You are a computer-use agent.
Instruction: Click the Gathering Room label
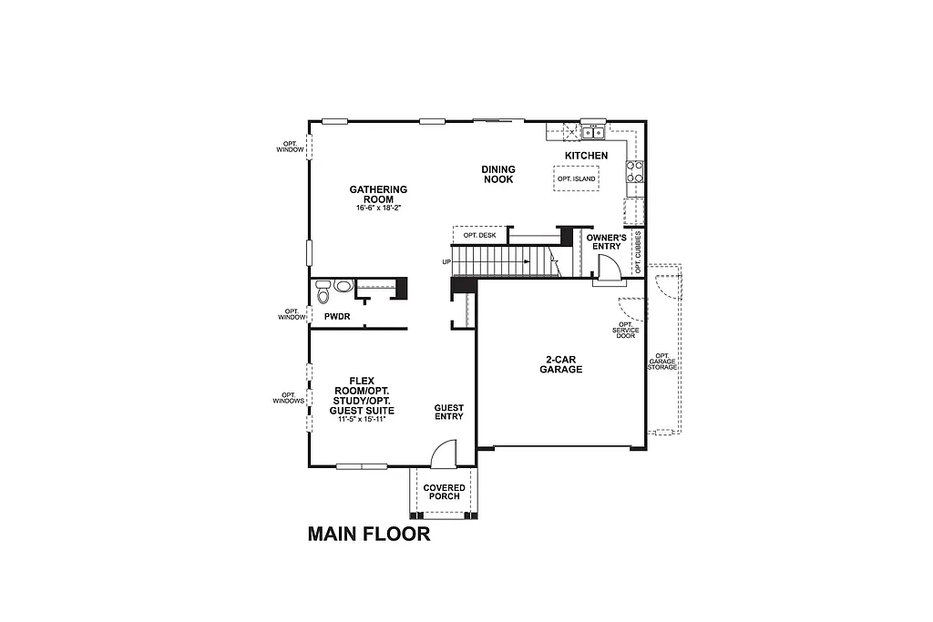coord(378,194)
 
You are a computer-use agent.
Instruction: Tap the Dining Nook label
coord(498,174)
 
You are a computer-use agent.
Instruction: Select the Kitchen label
coord(586,156)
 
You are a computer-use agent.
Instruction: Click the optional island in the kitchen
coord(576,178)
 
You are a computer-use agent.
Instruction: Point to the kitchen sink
coord(594,133)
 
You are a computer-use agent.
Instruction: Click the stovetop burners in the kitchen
coord(635,171)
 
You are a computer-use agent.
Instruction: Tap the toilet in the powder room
coord(323,293)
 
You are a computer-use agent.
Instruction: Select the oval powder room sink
coord(343,286)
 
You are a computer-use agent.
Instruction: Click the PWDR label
coord(337,316)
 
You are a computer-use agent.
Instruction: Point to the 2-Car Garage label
coord(560,365)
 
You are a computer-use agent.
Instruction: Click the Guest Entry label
coord(448,412)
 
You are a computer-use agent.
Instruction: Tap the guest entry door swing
coord(442,454)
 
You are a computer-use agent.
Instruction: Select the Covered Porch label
coord(445,492)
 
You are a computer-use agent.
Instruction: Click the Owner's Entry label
coord(604,241)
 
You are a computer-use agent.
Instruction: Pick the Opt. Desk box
coord(479,235)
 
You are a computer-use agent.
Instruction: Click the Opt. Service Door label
coord(625,330)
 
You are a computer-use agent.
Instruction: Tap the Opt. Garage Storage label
coord(662,361)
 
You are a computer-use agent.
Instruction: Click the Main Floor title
coord(368,534)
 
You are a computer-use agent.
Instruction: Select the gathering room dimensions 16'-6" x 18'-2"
coord(378,209)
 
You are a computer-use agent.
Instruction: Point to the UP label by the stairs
coord(446,262)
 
